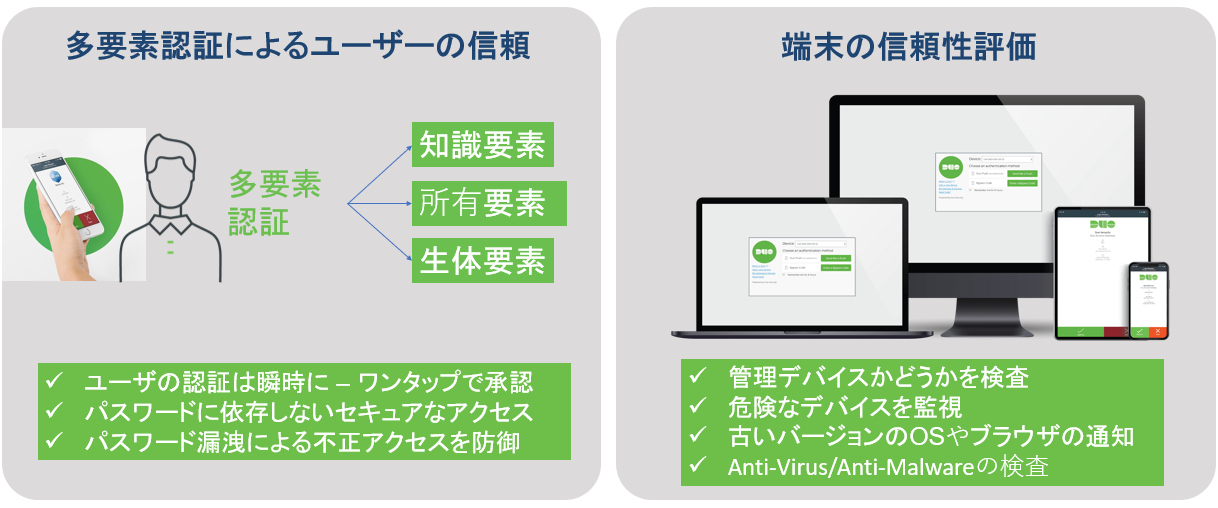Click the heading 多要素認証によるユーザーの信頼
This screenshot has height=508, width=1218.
[296, 47]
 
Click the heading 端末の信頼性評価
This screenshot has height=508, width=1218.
[908, 47]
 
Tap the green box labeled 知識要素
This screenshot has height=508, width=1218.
[482, 146]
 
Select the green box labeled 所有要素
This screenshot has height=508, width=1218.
[482, 203]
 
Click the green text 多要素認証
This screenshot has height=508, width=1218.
[275, 203]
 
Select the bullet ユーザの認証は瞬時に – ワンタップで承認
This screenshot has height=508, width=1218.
[308, 382]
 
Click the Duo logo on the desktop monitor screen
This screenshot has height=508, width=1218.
[950, 169]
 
